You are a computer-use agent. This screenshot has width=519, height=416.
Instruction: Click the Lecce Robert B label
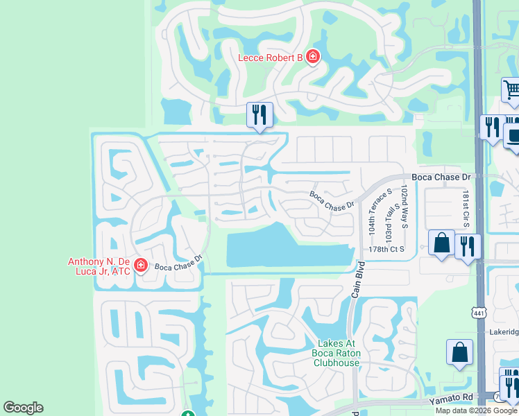pyautogui.click(x=270, y=58)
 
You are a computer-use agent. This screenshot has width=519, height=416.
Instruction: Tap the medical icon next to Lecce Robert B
pyautogui.click(x=312, y=56)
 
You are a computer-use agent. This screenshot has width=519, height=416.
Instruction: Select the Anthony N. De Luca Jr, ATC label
pyautogui.click(x=99, y=266)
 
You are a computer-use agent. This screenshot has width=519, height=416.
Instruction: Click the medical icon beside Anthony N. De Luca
pyautogui.click(x=141, y=264)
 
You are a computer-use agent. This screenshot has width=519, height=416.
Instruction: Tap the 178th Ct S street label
pyautogui.click(x=386, y=249)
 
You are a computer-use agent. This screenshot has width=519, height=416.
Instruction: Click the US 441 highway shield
pyautogui.click(x=479, y=314)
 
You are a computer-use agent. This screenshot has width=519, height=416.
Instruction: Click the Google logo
pyautogui.click(x=23, y=408)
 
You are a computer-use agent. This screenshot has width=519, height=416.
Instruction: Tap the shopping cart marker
pyautogui.click(x=511, y=90)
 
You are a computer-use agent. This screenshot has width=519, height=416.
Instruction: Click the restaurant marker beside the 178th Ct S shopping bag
pyautogui.click(x=468, y=246)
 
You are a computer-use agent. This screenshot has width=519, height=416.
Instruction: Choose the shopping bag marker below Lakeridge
pyautogui.click(x=459, y=352)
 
